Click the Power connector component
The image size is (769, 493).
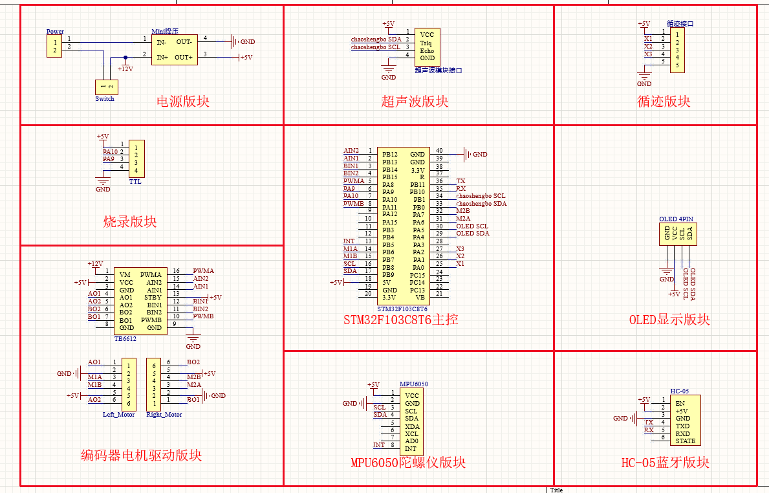click(x=54, y=46)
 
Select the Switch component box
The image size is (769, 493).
click(x=104, y=87)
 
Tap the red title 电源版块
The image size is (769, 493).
click(x=183, y=102)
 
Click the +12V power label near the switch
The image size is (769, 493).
click(x=125, y=69)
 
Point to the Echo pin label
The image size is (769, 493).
click(x=427, y=50)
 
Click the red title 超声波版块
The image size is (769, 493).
click(x=415, y=102)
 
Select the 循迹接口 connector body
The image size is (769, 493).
click(x=677, y=50)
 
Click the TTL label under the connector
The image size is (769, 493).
click(x=135, y=182)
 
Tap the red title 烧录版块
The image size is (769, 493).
click(x=130, y=222)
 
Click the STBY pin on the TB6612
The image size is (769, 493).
click(x=154, y=297)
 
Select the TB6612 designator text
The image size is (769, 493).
click(x=125, y=338)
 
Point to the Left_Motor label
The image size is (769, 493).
click(x=119, y=415)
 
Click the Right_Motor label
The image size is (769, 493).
click(x=164, y=415)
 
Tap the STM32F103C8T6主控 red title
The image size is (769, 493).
click(x=401, y=320)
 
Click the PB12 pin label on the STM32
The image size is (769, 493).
click(x=389, y=155)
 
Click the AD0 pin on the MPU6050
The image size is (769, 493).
click(x=411, y=441)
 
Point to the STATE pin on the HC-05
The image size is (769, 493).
click(x=686, y=441)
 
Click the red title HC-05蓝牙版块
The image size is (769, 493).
click(x=666, y=463)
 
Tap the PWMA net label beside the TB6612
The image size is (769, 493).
click(x=203, y=271)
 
